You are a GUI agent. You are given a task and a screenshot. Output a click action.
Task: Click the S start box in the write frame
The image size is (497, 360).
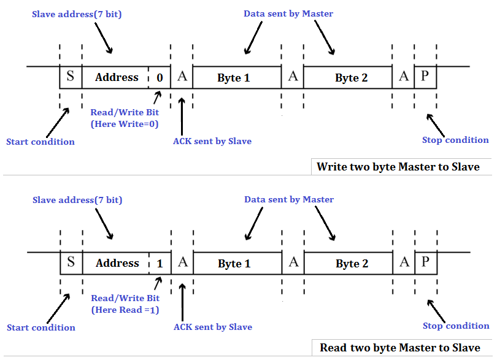[71, 77]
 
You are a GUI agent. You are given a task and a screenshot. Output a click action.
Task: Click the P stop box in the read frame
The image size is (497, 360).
[425, 262]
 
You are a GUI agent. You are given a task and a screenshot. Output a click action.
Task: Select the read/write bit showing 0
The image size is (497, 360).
[160, 78]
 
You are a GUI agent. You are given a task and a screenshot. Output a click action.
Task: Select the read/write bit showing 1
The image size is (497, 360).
[160, 263]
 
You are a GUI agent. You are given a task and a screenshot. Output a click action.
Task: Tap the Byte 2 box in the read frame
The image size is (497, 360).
[352, 263]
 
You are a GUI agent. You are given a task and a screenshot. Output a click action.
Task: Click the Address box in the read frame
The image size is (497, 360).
[117, 263]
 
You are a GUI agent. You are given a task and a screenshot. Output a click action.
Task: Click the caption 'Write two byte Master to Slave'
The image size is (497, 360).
[398, 166]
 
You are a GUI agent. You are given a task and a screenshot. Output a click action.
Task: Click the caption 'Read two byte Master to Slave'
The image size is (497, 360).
[399, 348]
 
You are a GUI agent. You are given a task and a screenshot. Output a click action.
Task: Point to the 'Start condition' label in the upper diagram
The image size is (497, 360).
[40, 142]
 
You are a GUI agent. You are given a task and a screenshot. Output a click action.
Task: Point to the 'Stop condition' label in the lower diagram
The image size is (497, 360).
[456, 326]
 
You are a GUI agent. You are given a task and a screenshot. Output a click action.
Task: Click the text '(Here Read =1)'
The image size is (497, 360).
[125, 310]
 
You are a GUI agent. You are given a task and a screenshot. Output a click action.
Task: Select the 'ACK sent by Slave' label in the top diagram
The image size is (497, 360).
[212, 141]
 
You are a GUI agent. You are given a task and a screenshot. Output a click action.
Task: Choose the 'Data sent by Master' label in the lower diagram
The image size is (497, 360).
[288, 199]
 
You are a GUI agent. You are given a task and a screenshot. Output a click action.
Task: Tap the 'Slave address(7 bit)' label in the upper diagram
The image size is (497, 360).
[77, 13]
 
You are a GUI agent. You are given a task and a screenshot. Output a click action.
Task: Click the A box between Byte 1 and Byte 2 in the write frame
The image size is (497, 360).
[293, 77]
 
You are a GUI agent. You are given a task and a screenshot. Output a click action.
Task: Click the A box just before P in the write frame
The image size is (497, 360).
[403, 77]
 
